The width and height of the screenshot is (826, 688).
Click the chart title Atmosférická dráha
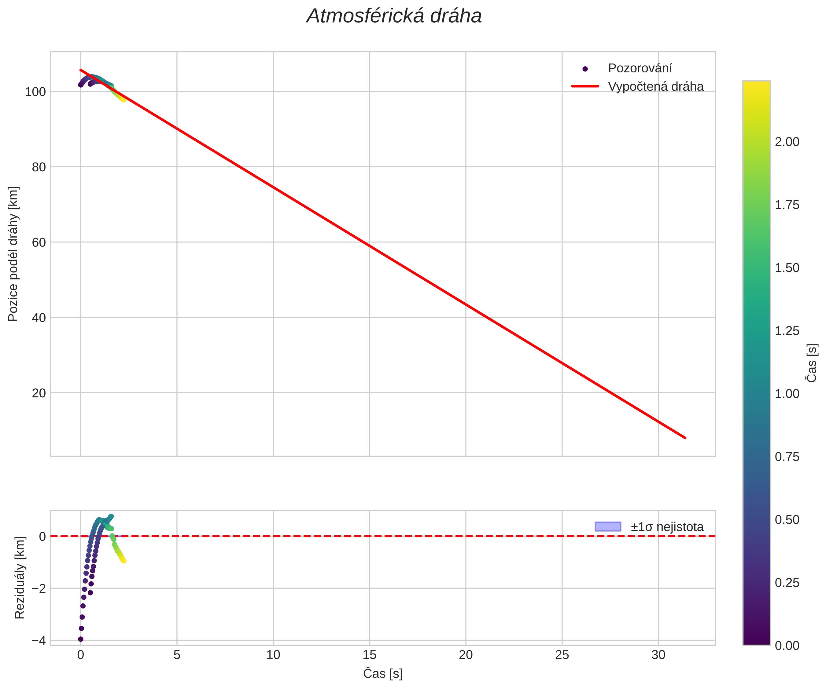click(x=394, y=16)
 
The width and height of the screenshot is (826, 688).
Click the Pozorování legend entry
click(x=640, y=68)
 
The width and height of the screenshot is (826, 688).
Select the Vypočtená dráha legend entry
click(x=656, y=86)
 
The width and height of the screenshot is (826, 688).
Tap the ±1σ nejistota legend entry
click(x=667, y=527)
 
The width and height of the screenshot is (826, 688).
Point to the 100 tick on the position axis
click(x=35, y=92)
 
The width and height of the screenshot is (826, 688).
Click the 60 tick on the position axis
click(x=39, y=242)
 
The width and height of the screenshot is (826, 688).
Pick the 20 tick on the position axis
click(x=39, y=393)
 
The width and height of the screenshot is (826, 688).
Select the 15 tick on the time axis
click(x=369, y=655)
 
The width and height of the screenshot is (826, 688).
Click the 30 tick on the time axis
click(x=658, y=655)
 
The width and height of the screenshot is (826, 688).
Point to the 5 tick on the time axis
click(x=177, y=655)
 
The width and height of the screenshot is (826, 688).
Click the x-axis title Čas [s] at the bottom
click(x=383, y=673)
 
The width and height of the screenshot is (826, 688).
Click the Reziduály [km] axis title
click(x=20, y=577)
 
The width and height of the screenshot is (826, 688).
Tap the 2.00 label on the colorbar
click(x=787, y=142)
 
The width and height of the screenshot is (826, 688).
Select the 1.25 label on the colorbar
click(x=787, y=331)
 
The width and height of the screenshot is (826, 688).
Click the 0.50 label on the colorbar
click(x=787, y=520)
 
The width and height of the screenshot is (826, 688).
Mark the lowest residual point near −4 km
click(x=81, y=639)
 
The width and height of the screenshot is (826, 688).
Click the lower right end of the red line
click(x=685, y=438)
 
